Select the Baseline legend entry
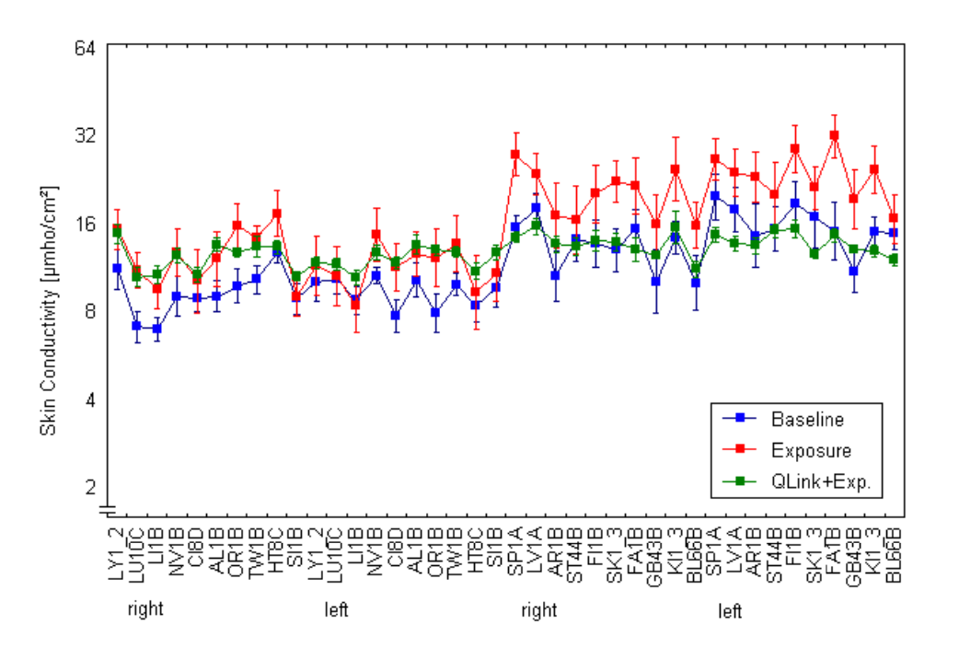pyautogui.click(x=807, y=419)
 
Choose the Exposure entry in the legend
pyautogui.click(x=811, y=450)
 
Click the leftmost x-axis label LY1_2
pyautogui.click(x=117, y=553)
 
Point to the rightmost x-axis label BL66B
pyautogui.click(x=893, y=553)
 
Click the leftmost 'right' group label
pyautogui.click(x=145, y=609)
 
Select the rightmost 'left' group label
pyautogui.click(x=730, y=611)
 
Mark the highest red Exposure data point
pyautogui.click(x=834, y=135)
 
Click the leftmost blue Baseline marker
pyautogui.click(x=117, y=268)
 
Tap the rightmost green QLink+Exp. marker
pyautogui.click(x=893, y=260)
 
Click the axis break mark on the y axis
pyautogui.click(x=108, y=509)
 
